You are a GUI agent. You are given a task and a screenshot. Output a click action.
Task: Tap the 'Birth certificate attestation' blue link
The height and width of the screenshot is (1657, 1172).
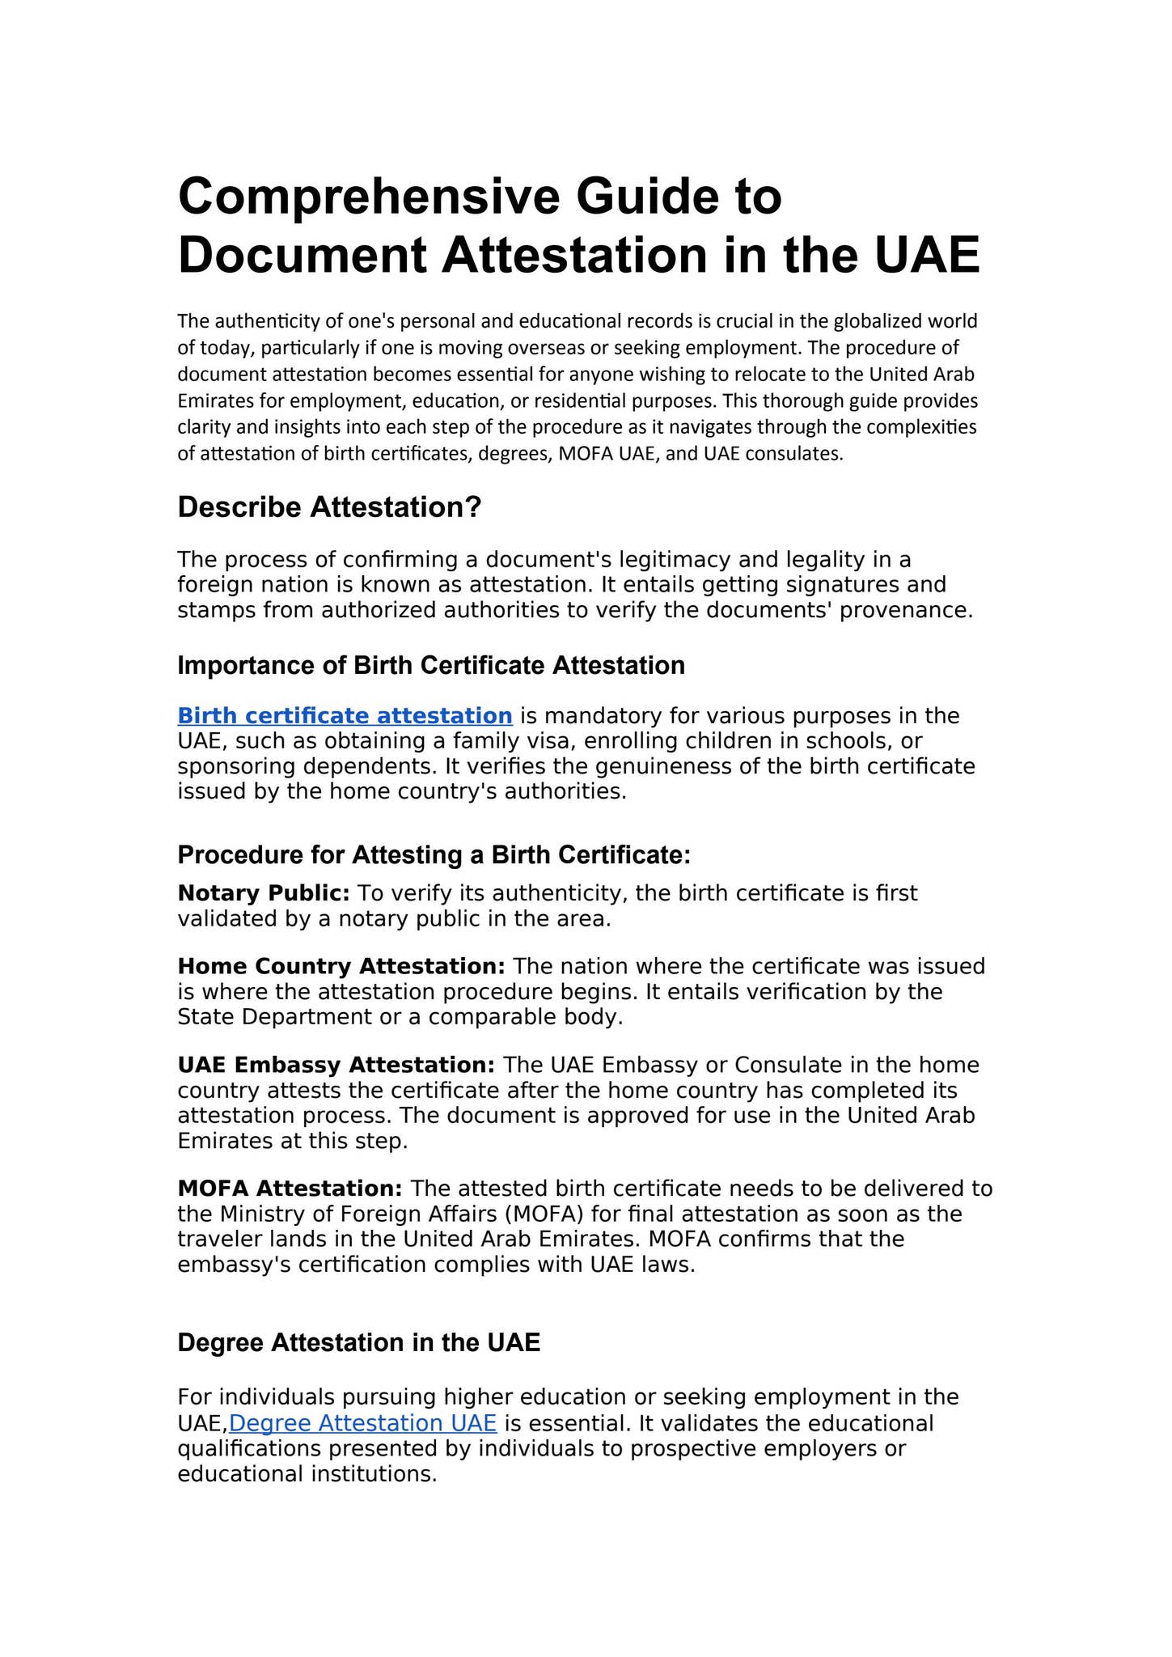point(345,716)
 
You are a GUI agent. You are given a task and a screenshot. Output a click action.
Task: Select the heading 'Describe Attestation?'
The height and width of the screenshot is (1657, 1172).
point(329,508)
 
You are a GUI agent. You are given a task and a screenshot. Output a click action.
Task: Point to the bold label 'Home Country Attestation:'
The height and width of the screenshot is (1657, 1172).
point(341,966)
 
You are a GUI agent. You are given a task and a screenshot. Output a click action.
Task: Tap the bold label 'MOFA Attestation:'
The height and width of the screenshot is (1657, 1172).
point(290,1189)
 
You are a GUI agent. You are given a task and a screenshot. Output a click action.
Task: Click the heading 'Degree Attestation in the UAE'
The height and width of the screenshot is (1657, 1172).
point(358,1343)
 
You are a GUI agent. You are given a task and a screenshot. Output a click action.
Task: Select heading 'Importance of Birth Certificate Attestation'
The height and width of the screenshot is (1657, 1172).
point(431,666)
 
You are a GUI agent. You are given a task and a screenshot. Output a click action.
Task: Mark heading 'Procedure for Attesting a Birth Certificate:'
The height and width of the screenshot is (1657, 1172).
point(434,855)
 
